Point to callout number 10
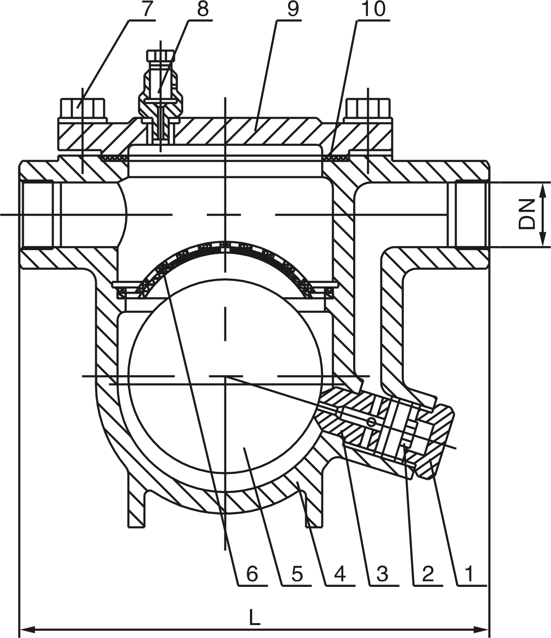coord(373,10)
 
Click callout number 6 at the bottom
coord(252,573)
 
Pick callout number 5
coord(296,573)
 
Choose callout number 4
coord(340,573)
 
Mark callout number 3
coord(382,573)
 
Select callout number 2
coord(427,573)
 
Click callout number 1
coord(469,573)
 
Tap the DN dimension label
coord(528,214)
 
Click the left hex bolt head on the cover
coord(83,108)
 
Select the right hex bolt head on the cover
coord(367,108)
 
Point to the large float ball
coord(224,377)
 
